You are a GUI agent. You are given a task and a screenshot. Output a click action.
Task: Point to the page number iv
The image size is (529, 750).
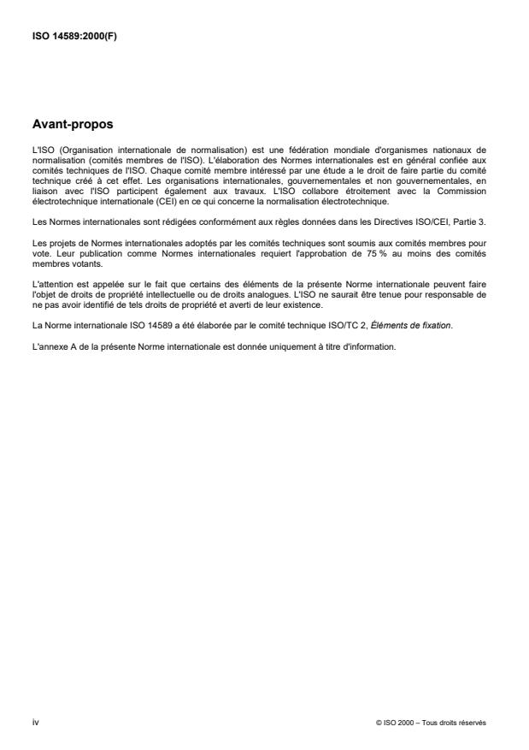pos(35,723)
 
